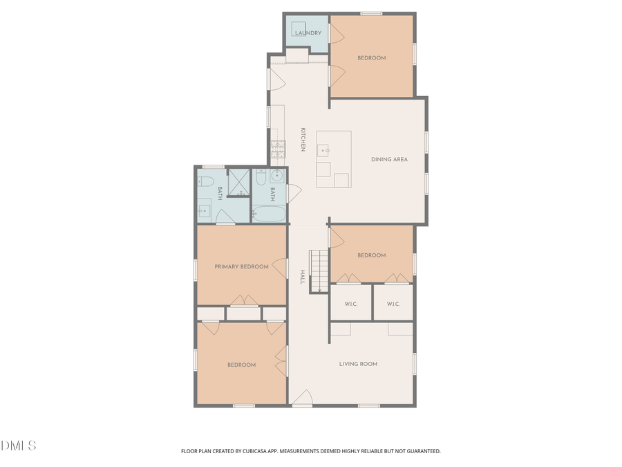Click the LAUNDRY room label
308,33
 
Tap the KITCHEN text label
303,140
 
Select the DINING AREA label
389,160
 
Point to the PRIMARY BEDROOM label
241,266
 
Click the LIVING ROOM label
358,364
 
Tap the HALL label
302,277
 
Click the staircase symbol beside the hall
319,271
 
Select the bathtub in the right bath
269,215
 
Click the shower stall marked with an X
238,183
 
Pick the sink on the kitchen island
323,149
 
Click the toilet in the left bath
205,183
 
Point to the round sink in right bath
276,176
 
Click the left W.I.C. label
350,304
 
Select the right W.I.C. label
393,304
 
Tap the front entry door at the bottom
302,401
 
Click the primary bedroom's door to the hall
281,268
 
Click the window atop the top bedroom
372,13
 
